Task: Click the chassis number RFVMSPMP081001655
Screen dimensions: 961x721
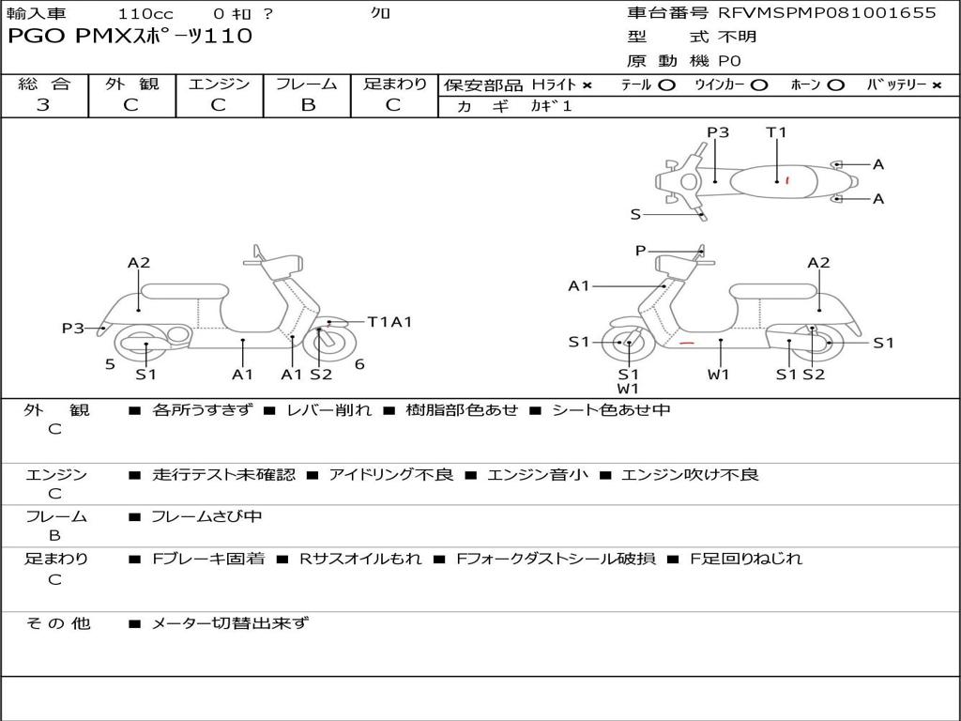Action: click(x=827, y=13)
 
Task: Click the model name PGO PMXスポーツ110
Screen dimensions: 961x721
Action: click(x=130, y=37)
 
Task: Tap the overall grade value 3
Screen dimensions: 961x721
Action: click(x=43, y=105)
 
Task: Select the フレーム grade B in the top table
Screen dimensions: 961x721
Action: click(x=308, y=105)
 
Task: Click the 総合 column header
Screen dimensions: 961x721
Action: click(x=43, y=84)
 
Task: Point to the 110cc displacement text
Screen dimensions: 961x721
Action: click(x=139, y=14)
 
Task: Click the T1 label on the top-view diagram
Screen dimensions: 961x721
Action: click(x=776, y=132)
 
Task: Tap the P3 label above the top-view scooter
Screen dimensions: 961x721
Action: click(x=718, y=132)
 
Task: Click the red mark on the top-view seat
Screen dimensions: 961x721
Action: click(x=787, y=179)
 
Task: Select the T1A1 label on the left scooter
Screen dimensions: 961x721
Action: click(x=389, y=322)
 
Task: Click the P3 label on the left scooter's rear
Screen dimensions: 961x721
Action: click(x=73, y=328)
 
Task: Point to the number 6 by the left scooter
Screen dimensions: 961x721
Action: click(x=359, y=364)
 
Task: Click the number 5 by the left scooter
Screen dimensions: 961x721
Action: click(x=110, y=364)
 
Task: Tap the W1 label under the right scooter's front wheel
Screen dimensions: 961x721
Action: click(x=628, y=388)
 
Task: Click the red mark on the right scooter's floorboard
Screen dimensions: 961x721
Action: click(x=688, y=344)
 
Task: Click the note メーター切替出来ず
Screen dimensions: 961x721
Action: click(x=230, y=622)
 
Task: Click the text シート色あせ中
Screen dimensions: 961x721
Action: click(x=611, y=409)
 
